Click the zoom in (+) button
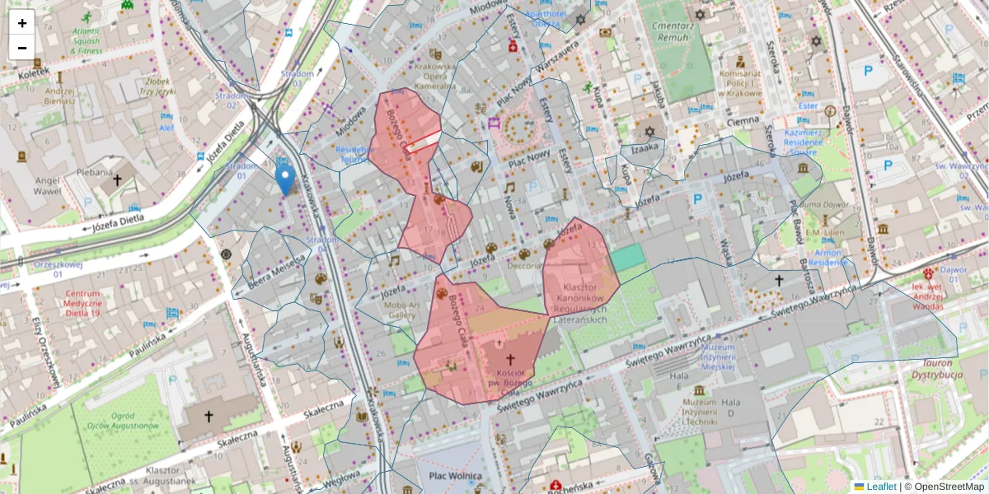(x=22, y=23)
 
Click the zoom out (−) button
(x=22, y=48)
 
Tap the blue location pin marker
(x=285, y=179)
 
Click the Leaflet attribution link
(x=881, y=487)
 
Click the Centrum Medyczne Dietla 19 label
(x=83, y=303)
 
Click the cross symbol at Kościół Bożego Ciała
(x=509, y=359)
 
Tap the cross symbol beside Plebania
(x=118, y=179)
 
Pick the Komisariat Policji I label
(x=740, y=83)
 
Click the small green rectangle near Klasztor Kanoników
(x=628, y=257)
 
